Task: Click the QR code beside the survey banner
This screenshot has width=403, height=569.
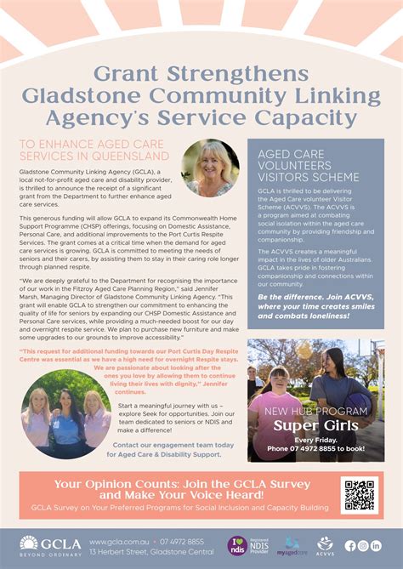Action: [x=358, y=495]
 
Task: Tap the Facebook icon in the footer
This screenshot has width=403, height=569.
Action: [x=349, y=545]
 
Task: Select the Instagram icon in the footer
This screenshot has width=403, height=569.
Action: [x=363, y=545]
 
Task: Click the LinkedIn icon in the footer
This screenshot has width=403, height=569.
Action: [x=376, y=545]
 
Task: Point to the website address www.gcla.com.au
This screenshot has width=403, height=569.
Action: [x=117, y=541]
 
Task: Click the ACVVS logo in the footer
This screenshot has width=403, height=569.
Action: [x=326, y=544]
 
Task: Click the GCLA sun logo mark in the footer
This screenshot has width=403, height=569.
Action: [x=29, y=542]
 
